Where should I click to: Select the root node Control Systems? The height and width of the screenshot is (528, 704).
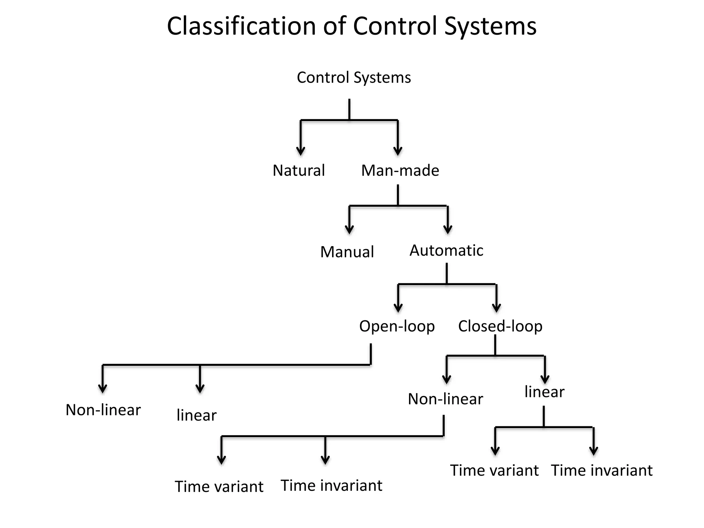(x=354, y=78)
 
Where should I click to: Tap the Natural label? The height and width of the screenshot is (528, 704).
(x=298, y=170)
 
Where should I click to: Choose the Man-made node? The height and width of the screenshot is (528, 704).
(x=400, y=170)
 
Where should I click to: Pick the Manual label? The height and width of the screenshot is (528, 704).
(x=347, y=252)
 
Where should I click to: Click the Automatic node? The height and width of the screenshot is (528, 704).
(x=446, y=251)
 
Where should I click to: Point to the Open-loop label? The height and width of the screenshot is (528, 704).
(x=397, y=326)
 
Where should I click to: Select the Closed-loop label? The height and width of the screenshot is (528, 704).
(x=500, y=326)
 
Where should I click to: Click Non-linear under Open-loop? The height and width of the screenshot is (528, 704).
(x=103, y=410)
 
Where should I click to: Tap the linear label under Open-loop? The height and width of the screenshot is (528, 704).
(x=196, y=415)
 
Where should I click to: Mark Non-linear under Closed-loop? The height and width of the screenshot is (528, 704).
(x=445, y=399)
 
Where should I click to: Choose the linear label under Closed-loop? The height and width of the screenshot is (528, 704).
(x=544, y=392)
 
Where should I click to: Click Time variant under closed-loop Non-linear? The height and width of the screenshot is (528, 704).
(x=219, y=487)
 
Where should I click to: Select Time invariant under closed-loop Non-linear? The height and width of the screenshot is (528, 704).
(x=331, y=486)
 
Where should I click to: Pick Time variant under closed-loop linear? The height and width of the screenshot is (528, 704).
(x=494, y=471)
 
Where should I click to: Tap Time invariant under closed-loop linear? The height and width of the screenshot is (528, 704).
(x=602, y=471)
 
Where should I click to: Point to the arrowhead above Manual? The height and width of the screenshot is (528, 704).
(x=349, y=229)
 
